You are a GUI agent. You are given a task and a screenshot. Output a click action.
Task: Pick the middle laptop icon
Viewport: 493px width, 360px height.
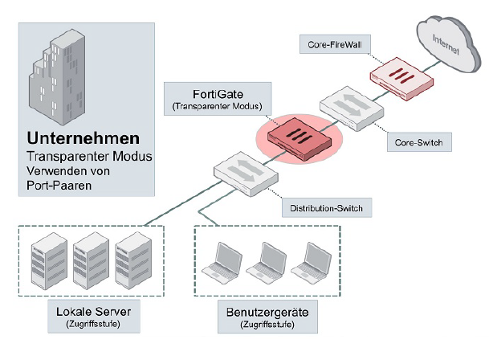pyautogui.click(x=266, y=264)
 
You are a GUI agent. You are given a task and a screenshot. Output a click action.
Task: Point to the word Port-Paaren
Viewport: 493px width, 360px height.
pyautogui.click(x=58, y=184)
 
